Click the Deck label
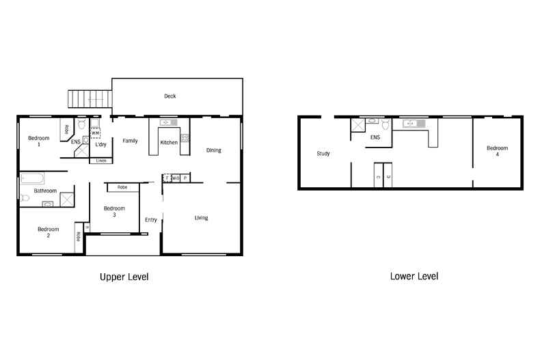tap(170, 96)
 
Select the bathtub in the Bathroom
tap(32, 179)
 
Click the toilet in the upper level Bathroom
tap(25, 198)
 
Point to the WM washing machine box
tap(95, 133)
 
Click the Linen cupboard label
tap(101, 161)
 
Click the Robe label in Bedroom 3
tap(122, 186)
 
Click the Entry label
tap(151, 219)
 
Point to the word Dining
tap(213, 150)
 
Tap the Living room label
tap(201, 218)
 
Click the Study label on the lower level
tap(323, 154)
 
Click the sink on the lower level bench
tap(412, 124)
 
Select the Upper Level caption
tap(124, 277)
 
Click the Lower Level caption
tap(414, 276)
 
